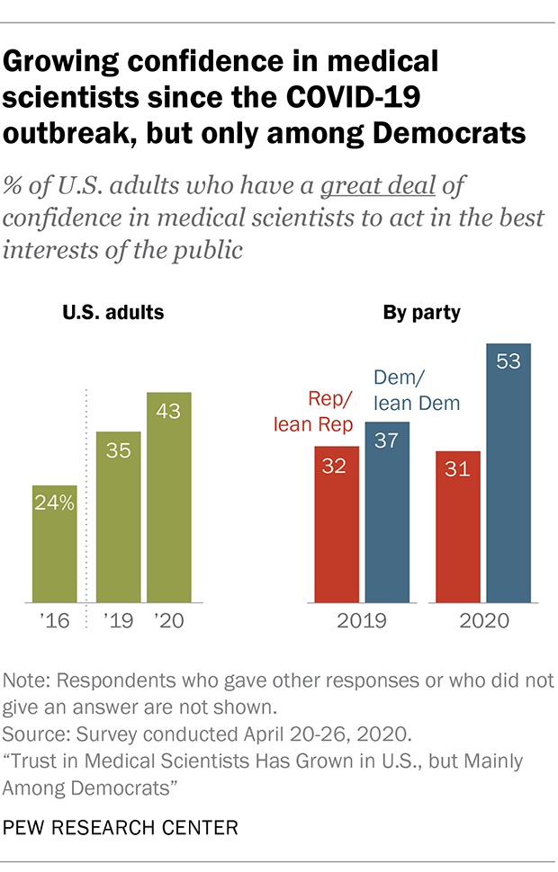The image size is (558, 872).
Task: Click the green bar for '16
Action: (54, 543)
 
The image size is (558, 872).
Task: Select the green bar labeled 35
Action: (119, 516)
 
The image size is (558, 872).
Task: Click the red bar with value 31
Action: (457, 526)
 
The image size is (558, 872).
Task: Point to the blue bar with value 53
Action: (508, 472)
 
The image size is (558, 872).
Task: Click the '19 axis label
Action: (119, 620)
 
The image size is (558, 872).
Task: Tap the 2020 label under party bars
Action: (483, 620)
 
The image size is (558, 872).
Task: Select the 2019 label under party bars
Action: (362, 620)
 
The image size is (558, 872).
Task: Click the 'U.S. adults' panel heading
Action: (113, 314)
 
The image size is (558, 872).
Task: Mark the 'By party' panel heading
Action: (422, 314)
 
